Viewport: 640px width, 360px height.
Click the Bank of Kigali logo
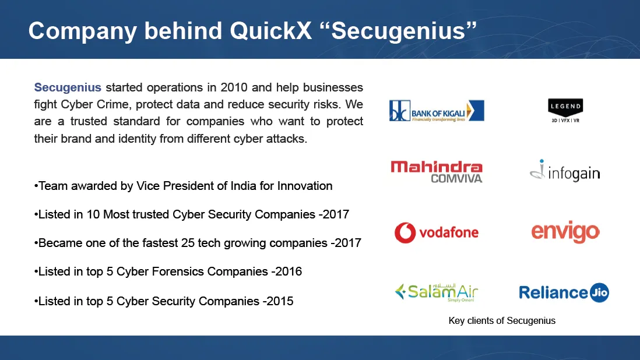(437, 111)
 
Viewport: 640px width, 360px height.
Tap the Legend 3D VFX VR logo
(565, 111)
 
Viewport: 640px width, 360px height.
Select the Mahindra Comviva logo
(437, 172)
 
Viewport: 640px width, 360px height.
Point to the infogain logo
(565, 171)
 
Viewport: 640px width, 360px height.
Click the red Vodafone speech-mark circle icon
(405, 233)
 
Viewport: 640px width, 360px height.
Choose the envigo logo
(565, 232)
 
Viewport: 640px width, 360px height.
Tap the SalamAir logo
(437, 292)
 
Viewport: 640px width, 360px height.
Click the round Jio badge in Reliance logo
(600, 292)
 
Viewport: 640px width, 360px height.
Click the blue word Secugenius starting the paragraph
(68, 87)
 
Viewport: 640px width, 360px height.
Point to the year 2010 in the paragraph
(234, 87)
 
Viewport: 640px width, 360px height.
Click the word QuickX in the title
(270, 30)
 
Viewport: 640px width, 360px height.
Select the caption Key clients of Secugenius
(502, 321)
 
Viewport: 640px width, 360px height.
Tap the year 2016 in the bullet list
(289, 271)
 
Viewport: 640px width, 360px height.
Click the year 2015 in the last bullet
(280, 301)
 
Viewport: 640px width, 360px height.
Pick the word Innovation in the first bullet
(305, 186)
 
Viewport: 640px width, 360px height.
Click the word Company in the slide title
(82, 31)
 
